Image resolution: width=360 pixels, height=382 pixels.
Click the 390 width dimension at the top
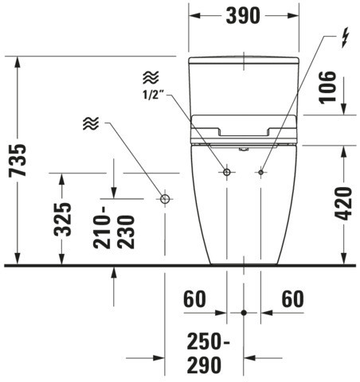243,16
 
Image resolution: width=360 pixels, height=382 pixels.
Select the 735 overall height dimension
18,161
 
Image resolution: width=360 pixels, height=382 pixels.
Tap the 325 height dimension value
63,220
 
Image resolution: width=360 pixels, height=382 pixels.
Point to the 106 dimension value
327,88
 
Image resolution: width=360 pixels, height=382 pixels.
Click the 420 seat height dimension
342,204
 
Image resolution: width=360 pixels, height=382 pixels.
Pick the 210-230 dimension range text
114,228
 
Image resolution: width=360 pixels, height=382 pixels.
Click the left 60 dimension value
194,299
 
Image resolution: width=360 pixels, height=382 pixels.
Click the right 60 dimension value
292,299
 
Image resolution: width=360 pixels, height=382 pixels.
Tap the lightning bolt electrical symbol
345,39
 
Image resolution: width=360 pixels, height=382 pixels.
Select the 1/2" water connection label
154,95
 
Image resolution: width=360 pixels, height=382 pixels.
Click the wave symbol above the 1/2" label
151,77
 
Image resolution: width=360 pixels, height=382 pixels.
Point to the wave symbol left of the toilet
91,123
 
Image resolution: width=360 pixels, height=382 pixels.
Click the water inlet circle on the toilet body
226,172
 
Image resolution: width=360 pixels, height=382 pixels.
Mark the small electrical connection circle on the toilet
261,173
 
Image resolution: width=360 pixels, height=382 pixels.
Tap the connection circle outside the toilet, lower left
165,199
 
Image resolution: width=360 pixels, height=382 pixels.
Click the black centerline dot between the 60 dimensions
244,313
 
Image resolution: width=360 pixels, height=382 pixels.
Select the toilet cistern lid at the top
244,60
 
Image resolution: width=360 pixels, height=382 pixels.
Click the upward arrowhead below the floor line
114,272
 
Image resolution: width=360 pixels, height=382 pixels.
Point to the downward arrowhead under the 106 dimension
344,109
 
